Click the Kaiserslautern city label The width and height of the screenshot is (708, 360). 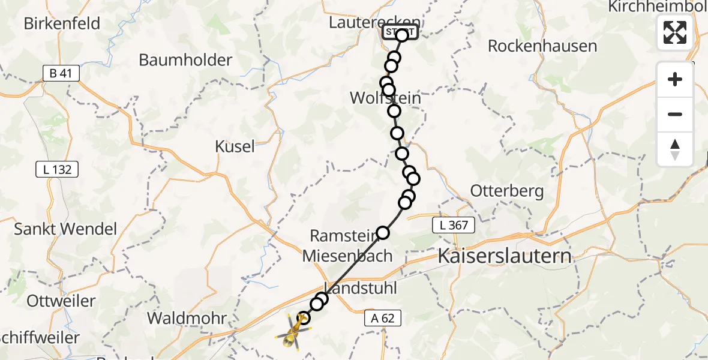tap(505, 256)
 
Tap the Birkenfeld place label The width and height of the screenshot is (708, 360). tap(62, 23)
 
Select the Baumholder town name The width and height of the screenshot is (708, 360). tap(185, 60)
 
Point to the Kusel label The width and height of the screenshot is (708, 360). tap(235, 146)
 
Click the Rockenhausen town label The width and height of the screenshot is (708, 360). tap(542, 46)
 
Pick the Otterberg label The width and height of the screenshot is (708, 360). tap(507, 191)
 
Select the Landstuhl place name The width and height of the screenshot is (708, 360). tap(361, 288)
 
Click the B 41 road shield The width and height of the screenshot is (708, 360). tap(61, 74)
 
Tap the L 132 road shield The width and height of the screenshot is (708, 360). tap(58, 170)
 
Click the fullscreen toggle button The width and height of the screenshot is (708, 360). tap(675, 32)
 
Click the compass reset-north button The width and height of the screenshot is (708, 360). tap(675, 149)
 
